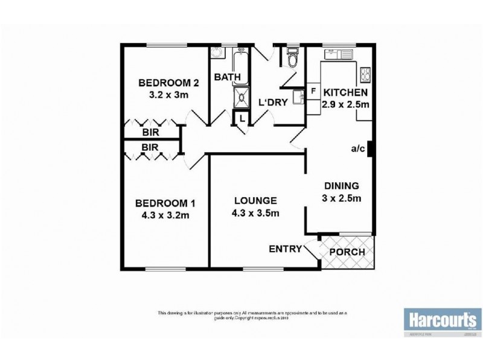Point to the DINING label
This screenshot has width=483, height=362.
pyautogui.click(x=341, y=186)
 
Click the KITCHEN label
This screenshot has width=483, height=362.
pyautogui.click(x=345, y=93)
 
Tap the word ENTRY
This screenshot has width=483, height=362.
pyautogui.click(x=285, y=249)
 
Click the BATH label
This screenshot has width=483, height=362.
pyautogui.click(x=228, y=77)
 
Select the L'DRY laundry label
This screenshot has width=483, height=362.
pyautogui.click(x=272, y=103)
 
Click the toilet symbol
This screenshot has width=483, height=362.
pyautogui.click(x=292, y=60)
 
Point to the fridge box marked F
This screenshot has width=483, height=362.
pyautogui.click(x=313, y=91)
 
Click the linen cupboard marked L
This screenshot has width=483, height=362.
pyautogui.click(x=241, y=118)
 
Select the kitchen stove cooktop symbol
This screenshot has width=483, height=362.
pyautogui.click(x=365, y=75)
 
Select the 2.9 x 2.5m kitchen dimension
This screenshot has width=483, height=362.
pyautogui.click(x=346, y=104)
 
